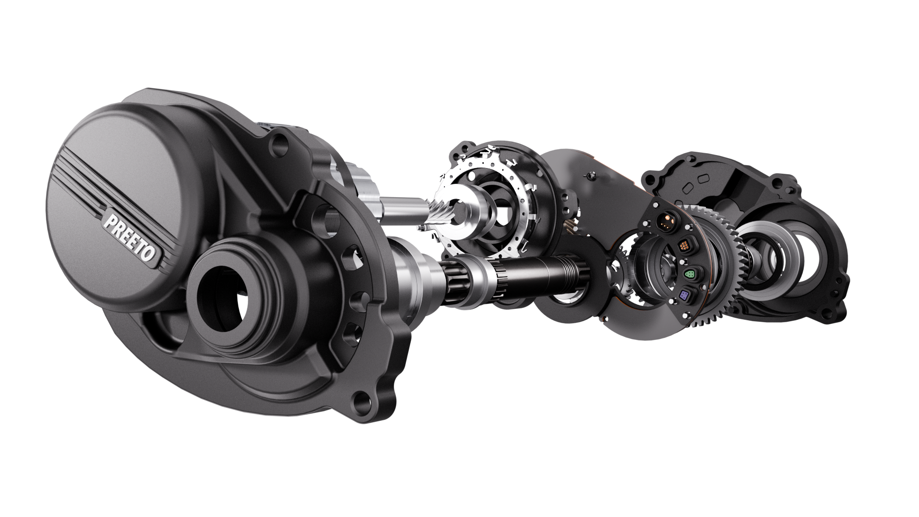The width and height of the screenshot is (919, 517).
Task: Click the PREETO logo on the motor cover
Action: [130, 237]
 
